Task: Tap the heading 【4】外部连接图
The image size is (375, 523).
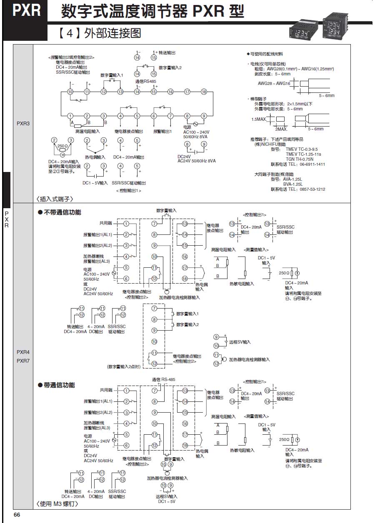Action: [x=100, y=33]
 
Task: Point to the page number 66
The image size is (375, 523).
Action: [x=17, y=515]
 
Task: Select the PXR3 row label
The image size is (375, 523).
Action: [x=23, y=124]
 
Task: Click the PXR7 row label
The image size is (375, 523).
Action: [x=23, y=361]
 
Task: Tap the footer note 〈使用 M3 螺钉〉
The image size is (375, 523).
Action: [x=58, y=504]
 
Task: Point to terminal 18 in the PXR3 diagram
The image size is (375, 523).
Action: [x=204, y=92]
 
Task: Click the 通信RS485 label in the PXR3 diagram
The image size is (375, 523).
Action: [x=145, y=81]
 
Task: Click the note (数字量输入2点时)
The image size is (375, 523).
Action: [x=124, y=366]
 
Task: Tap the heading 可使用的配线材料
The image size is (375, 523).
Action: [x=266, y=54]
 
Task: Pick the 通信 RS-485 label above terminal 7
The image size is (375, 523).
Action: [x=164, y=379]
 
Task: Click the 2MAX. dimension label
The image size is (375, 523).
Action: [x=281, y=130]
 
